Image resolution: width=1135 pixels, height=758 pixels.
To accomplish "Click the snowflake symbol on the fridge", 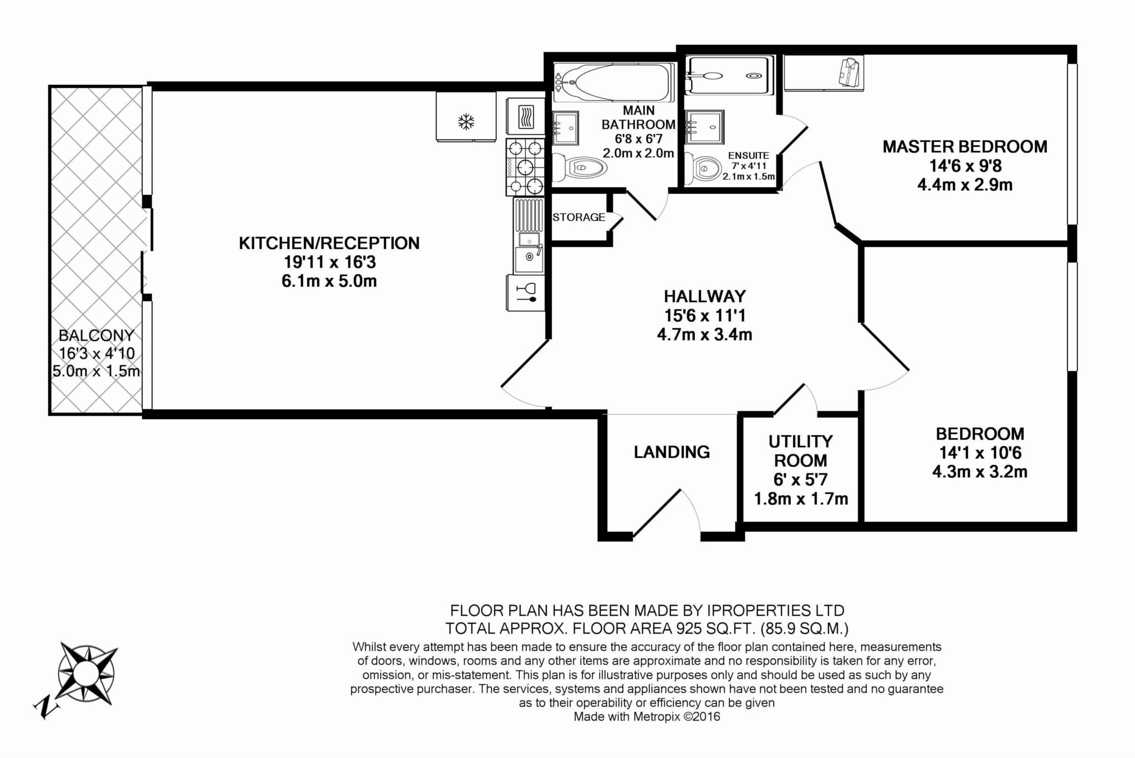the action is tap(466, 122).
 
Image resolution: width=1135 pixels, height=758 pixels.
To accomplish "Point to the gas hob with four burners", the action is tap(524, 167).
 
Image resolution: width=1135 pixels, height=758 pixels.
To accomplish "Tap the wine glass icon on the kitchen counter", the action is tap(526, 292).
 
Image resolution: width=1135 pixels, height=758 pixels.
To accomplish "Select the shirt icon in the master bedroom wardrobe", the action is tap(850, 72).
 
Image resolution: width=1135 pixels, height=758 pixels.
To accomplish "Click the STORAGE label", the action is tap(579, 217).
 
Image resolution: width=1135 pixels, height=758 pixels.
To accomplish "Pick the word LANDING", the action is tap(672, 452).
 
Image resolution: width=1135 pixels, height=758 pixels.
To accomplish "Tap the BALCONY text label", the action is tap(96, 336).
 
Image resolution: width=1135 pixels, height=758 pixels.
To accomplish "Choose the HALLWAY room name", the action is tap(705, 296).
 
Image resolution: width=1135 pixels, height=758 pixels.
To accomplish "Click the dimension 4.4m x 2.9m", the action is tap(965, 184).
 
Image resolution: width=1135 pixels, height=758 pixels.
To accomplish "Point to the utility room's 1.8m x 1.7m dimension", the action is tap(801, 499).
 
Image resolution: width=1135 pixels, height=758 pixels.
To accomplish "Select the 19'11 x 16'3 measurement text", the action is tap(329, 262).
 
